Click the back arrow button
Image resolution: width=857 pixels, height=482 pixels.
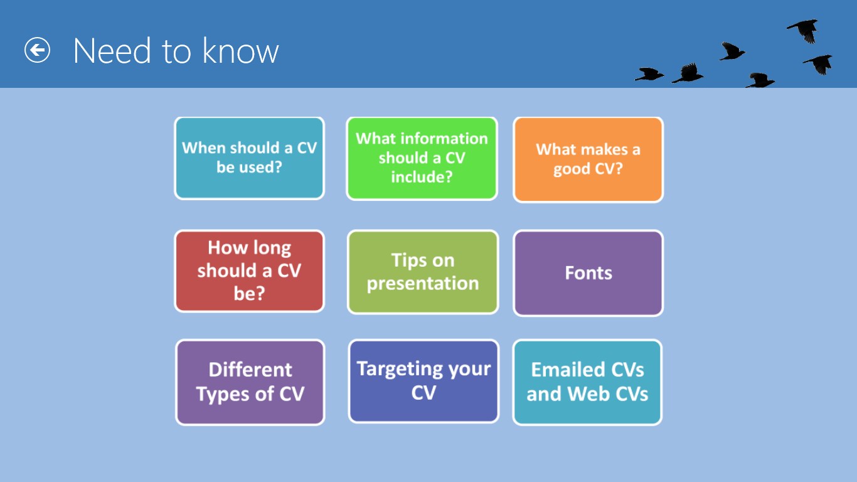[37, 50]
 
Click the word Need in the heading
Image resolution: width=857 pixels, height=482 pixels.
[112, 51]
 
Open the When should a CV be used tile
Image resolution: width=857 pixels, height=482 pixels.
[250, 158]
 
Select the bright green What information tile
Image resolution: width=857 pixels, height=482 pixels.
[422, 158]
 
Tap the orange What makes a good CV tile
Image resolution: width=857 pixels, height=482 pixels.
[588, 159]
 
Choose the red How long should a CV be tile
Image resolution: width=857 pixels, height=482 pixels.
[250, 271]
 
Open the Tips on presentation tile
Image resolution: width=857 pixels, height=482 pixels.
[423, 272]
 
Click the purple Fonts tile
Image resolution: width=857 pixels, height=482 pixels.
[588, 273]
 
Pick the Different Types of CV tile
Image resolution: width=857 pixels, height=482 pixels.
[250, 382]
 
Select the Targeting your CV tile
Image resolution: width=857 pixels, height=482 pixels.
[423, 381]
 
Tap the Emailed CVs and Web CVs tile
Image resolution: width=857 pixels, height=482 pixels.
[587, 382]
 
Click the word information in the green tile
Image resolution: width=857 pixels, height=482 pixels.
[444, 139]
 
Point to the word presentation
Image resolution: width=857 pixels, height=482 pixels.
[423, 284]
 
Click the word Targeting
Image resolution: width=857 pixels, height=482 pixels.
[400, 370]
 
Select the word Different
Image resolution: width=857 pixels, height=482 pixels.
[250, 370]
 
